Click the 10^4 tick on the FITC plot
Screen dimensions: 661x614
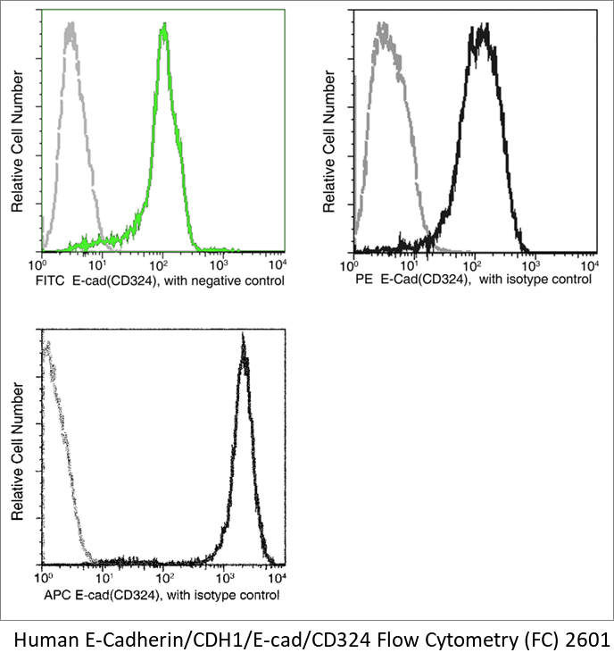pyautogui.click(x=278, y=265)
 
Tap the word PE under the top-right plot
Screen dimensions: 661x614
pyautogui.click(x=362, y=280)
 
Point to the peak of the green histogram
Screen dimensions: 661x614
pyautogui.click(x=163, y=29)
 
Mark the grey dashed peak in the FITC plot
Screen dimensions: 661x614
pyautogui.click(x=68, y=29)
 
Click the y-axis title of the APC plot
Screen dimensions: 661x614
pyautogui.click(x=18, y=452)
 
